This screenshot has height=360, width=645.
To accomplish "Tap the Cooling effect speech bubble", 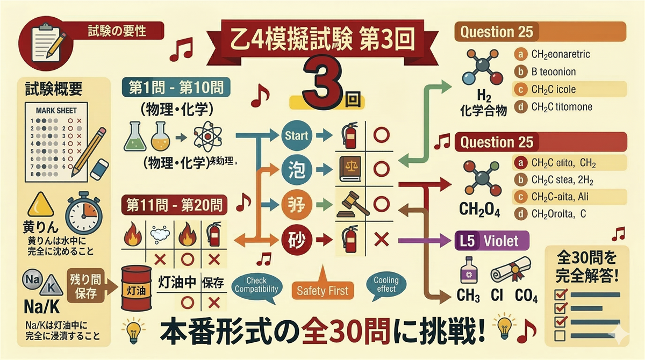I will pyautogui.click(x=386, y=285).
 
